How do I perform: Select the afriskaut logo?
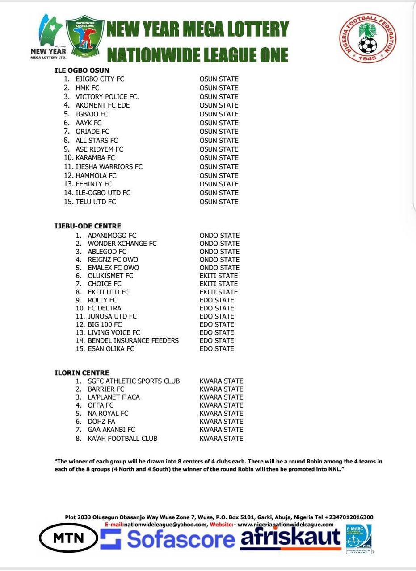(290, 538)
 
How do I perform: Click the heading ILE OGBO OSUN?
(82, 70)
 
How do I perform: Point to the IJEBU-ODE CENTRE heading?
(88, 226)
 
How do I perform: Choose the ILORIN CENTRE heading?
(82, 373)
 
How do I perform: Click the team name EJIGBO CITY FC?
(100, 79)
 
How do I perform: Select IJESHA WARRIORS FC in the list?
(109, 166)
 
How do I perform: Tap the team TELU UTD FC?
(96, 202)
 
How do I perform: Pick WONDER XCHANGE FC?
(122, 244)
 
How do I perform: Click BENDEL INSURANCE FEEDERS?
(133, 340)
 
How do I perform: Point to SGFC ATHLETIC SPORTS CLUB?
(134, 381)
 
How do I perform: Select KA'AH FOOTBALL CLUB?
(122, 439)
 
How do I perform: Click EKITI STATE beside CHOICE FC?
(219, 284)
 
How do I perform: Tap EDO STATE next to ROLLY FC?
(217, 300)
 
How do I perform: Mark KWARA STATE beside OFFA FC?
(221, 405)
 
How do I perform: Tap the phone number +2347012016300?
(349, 517)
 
